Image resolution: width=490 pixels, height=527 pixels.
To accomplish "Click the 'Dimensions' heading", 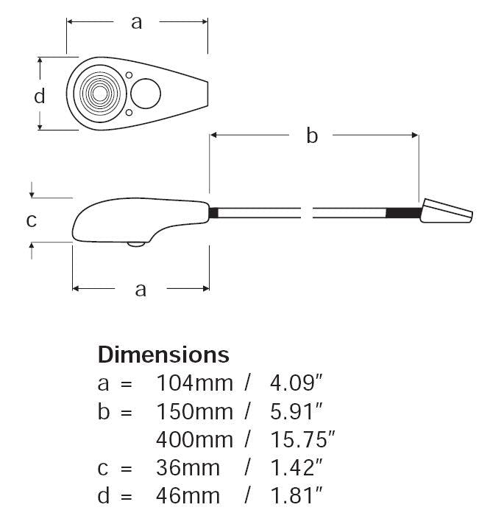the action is [x=163, y=355].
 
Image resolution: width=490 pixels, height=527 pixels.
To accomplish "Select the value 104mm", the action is [x=194, y=383].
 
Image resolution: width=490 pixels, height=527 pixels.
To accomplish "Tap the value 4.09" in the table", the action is [x=296, y=383].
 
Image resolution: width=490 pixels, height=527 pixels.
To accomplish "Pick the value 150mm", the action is [x=194, y=412].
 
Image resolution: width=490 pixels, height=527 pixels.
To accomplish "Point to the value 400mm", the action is [x=194, y=439].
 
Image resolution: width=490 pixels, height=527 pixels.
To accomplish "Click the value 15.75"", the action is [x=302, y=439].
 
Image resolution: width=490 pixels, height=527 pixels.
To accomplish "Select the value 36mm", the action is [x=188, y=468].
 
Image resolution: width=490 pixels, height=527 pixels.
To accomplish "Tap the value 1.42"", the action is [x=296, y=468].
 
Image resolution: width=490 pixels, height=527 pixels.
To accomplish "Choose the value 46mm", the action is [x=188, y=496].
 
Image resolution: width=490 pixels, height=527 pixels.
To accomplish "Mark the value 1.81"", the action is [x=296, y=496].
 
